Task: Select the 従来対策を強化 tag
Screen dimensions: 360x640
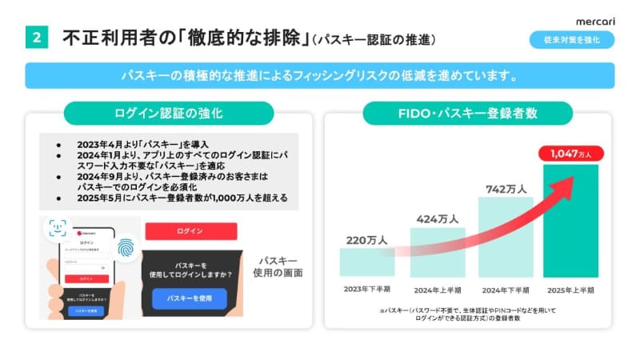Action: coord(572,38)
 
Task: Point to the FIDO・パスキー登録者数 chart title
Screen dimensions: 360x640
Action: coord(467,113)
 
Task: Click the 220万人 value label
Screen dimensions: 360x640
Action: coord(366,238)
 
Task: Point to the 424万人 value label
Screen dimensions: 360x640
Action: coord(437,218)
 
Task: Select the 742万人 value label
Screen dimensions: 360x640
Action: coord(506,189)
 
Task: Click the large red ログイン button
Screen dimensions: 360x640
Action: coord(191,231)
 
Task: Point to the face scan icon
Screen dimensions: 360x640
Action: coord(56,230)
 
